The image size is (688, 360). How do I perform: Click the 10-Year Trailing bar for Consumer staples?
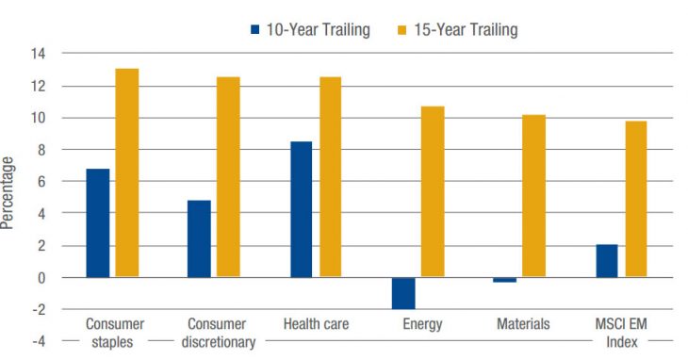pyautogui.click(x=98, y=223)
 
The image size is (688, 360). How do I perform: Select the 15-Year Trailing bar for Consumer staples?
pyautogui.click(x=127, y=173)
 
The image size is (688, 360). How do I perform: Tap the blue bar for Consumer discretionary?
pyautogui.click(x=199, y=239)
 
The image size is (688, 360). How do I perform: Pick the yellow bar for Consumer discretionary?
pyautogui.click(x=228, y=177)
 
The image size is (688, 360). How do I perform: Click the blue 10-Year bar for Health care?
pyautogui.click(x=301, y=209)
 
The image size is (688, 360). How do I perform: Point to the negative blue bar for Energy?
pyautogui.click(x=403, y=293)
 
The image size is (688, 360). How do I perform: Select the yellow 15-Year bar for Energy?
pyautogui.click(x=433, y=191)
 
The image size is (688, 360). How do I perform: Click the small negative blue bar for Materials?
pyautogui.click(x=504, y=280)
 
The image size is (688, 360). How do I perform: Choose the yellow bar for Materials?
pyautogui.click(x=533, y=196)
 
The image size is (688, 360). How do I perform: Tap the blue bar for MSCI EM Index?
pyautogui.click(x=607, y=261)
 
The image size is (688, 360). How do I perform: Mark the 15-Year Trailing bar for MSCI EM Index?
pyautogui.click(x=635, y=199)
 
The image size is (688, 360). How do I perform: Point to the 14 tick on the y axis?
pyautogui.click(x=38, y=54)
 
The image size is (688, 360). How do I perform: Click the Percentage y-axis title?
pyautogui.click(x=8, y=193)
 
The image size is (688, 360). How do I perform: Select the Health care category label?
pyautogui.click(x=316, y=324)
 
